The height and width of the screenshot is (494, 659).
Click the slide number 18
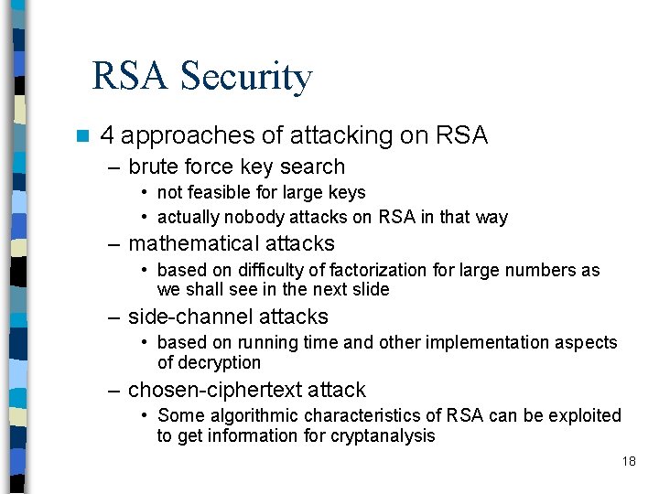coord(629,461)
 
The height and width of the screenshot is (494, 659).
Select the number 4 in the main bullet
coord(107,136)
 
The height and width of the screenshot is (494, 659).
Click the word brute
coord(152,166)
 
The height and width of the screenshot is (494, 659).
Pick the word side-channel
coord(182,317)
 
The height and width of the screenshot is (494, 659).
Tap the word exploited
coord(584,415)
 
